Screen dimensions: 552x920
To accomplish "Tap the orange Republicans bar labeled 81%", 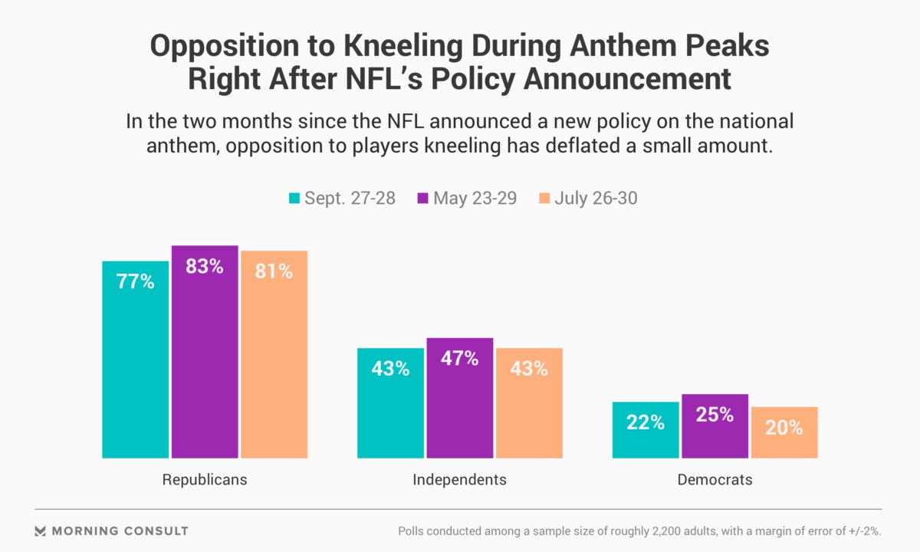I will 274,354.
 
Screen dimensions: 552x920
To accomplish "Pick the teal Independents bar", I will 390,402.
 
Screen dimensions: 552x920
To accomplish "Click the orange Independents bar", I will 529,402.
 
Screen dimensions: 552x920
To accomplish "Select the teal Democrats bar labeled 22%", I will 646,429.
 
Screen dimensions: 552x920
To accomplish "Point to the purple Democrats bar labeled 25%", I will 715,426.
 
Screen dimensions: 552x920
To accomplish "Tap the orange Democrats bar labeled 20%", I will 784,432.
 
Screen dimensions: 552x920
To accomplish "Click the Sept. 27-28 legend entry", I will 341,198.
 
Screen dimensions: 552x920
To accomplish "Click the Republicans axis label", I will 205,480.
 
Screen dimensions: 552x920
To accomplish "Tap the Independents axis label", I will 460,480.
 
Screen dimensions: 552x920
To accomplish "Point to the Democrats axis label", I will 715,480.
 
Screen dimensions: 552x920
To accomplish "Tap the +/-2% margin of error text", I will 860,531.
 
